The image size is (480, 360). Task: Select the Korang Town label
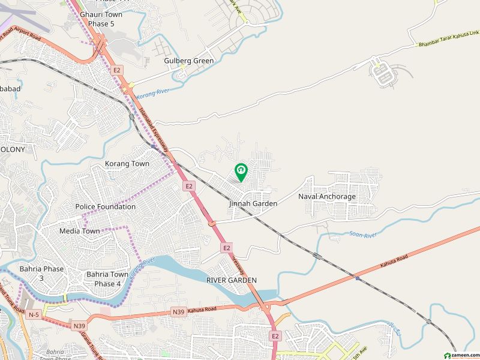point(127,163)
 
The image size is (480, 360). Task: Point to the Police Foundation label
point(105,206)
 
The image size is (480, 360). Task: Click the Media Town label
point(80,231)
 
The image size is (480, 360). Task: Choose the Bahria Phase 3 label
point(41,274)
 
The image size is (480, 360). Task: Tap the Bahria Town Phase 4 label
point(107,279)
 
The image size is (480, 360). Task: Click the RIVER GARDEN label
point(231,280)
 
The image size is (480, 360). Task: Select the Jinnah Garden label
point(253,204)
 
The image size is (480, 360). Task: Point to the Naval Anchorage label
point(327,196)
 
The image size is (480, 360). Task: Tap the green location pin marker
point(241,172)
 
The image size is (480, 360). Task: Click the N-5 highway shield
point(35,314)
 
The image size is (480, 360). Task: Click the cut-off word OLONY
point(13,149)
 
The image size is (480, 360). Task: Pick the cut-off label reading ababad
point(10,89)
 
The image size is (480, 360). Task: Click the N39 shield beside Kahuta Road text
point(178,311)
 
